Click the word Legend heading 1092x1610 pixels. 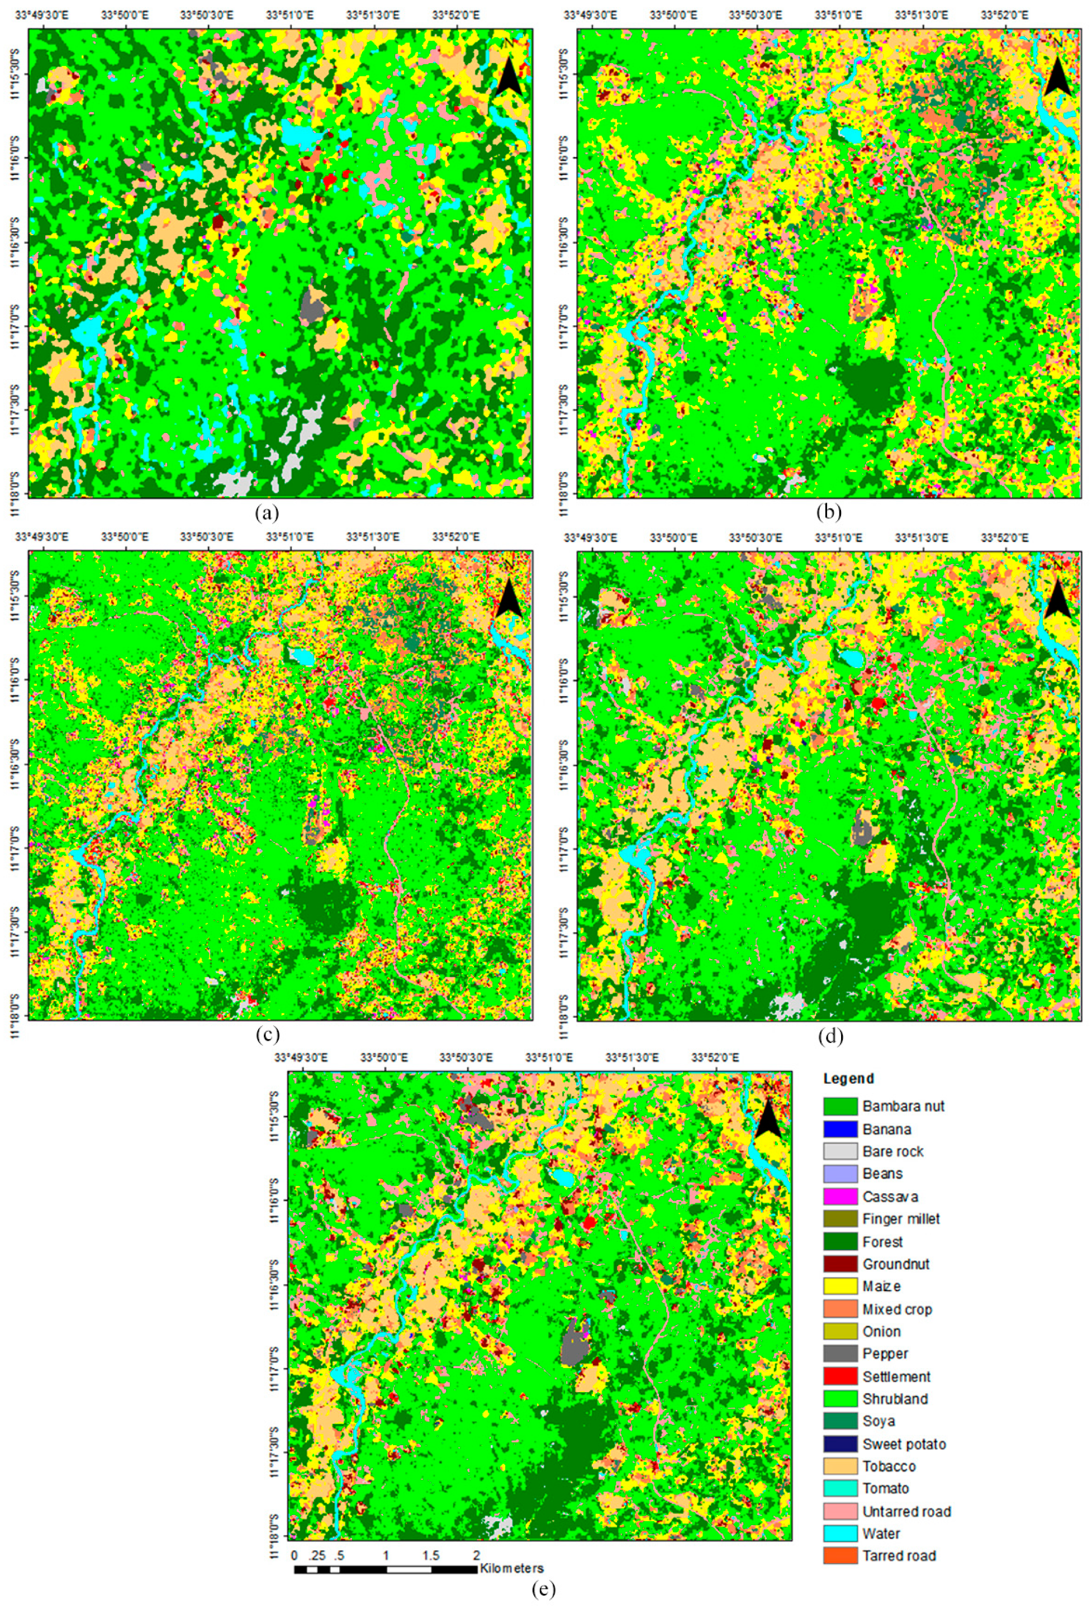point(848,1079)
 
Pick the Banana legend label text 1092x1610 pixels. point(887,1129)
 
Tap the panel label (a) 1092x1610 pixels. point(267,513)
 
